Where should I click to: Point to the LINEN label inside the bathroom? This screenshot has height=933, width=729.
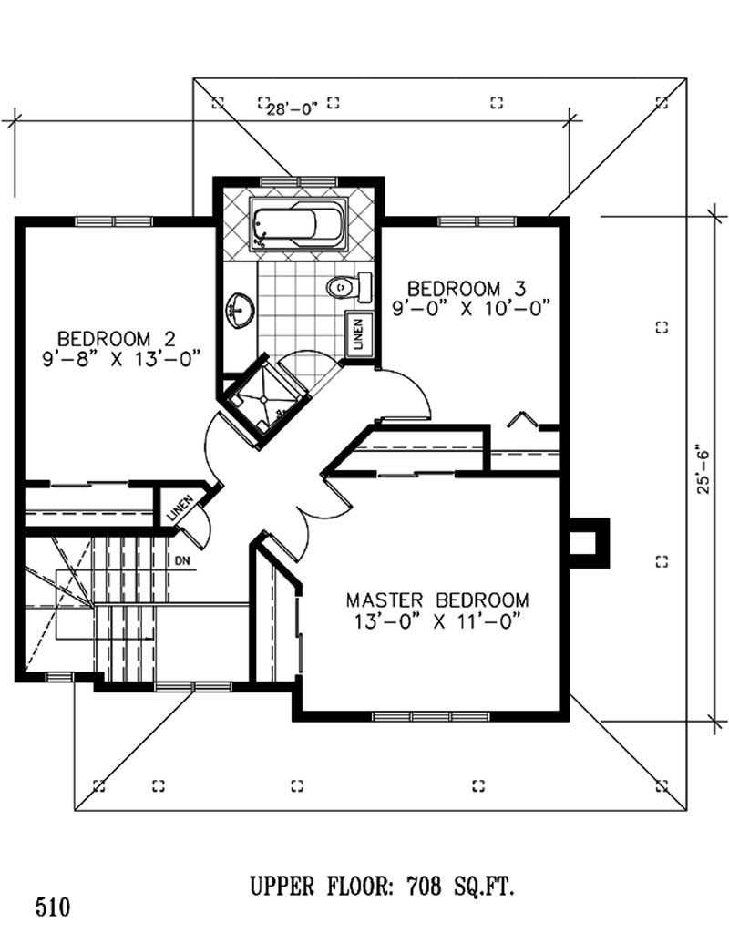[357, 334]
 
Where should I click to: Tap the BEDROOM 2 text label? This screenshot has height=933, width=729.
[121, 334]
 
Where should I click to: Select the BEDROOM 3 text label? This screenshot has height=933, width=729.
[467, 287]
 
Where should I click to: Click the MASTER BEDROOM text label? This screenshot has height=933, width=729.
[437, 600]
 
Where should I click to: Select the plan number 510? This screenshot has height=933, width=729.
[52, 907]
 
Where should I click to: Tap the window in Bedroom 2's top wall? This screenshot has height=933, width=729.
[113, 220]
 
